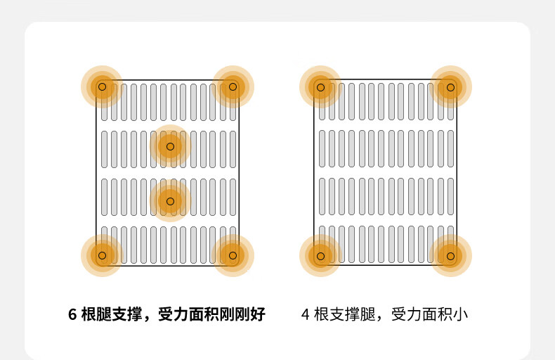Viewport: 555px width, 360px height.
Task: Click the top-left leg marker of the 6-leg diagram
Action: pos(103,86)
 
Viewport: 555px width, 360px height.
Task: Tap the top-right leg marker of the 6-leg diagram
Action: pos(233,86)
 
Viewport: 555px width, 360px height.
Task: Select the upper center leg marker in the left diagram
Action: pos(170,146)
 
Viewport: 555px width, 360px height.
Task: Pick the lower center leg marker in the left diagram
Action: pos(170,201)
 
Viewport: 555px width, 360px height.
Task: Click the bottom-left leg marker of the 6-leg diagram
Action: pos(103,255)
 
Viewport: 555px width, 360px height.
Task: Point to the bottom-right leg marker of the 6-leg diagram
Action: pos(233,255)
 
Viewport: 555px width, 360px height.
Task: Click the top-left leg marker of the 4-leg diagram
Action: pos(320,87)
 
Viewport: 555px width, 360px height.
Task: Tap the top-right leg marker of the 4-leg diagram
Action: pos(450,87)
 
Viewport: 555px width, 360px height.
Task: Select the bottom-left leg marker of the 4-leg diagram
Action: pos(320,256)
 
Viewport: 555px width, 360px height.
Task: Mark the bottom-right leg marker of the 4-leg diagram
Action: pos(450,256)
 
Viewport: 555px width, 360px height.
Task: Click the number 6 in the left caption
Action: pos(72,314)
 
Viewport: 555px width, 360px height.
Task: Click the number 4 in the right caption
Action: pos(306,314)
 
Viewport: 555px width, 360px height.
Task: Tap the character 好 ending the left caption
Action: pos(258,314)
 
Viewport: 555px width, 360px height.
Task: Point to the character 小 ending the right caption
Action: pos(460,314)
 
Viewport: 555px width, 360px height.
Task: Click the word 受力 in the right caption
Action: pos(406,314)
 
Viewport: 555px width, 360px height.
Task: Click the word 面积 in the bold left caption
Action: pos(204,314)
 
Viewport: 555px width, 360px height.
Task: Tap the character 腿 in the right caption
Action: pos(367,314)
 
